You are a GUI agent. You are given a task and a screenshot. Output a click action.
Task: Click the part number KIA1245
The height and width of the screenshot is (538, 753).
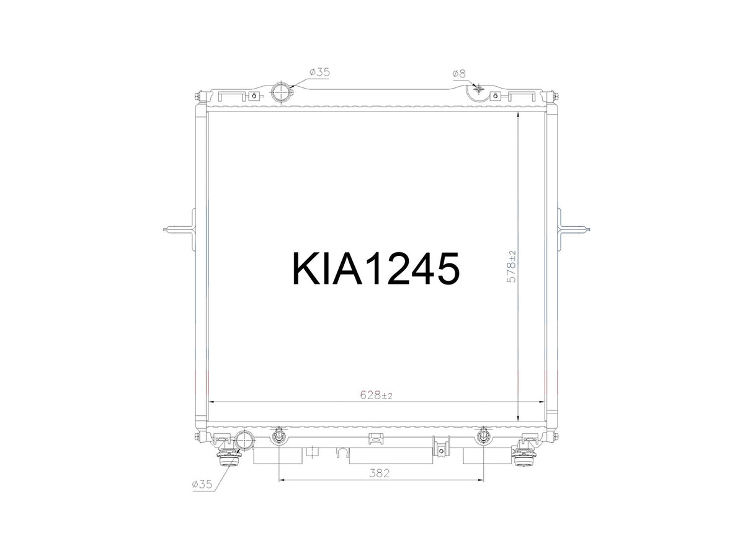(376, 268)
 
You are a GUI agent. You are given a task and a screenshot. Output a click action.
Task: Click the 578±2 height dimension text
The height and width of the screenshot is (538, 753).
(511, 267)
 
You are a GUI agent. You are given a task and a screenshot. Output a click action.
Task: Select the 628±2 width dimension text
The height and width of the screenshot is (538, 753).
(376, 395)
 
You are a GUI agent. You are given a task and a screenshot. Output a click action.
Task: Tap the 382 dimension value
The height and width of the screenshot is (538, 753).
(379, 473)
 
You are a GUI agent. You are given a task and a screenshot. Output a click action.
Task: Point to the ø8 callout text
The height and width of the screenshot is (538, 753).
(459, 74)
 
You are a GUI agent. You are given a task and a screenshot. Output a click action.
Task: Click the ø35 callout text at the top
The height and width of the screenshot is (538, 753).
(319, 72)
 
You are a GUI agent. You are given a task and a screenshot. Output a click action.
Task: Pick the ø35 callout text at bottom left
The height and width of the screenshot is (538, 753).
(202, 484)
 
